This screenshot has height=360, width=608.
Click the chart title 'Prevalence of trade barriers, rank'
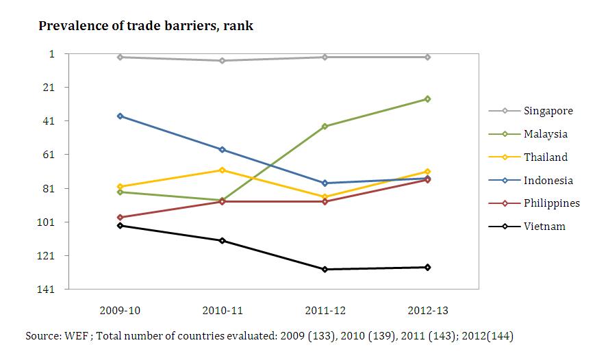coord(146,26)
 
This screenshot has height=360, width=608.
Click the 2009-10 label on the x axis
coord(120,310)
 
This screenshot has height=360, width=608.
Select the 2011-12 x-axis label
coord(325,310)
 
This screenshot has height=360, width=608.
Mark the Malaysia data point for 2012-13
coord(427,99)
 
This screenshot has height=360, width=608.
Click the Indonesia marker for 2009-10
coord(120,116)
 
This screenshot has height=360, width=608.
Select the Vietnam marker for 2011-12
coord(325,269)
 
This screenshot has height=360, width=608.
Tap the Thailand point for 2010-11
coord(222,170)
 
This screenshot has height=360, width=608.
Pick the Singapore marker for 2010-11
coord(222,60)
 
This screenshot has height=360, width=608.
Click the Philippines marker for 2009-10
coord(120,217)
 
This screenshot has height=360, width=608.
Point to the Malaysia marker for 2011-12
coord(325,127)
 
